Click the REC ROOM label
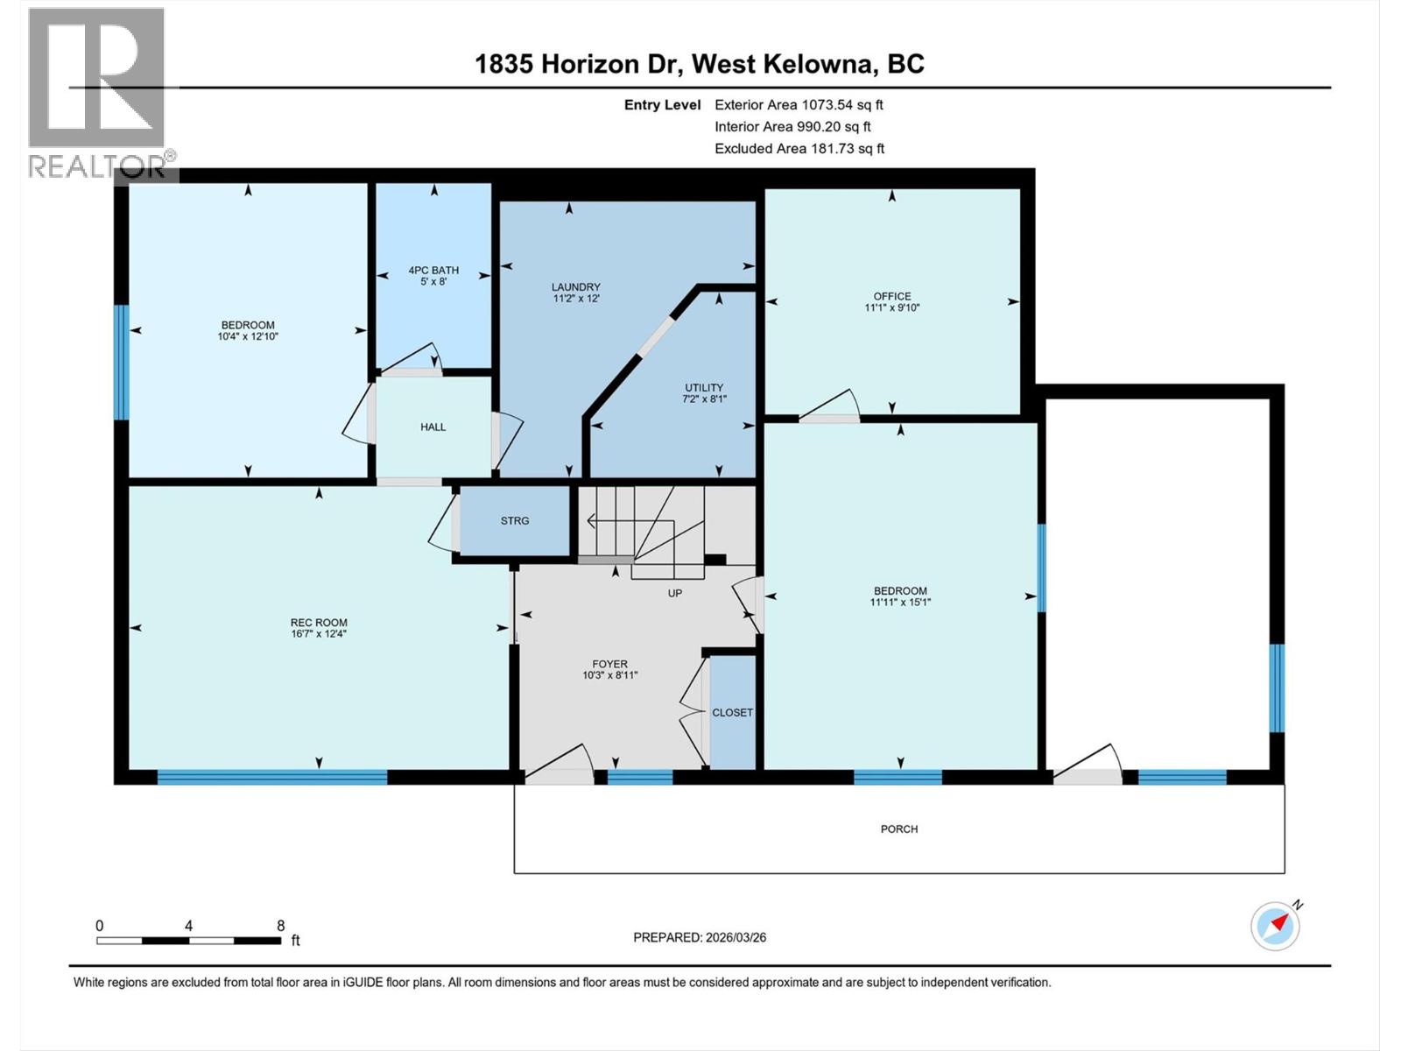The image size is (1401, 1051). pos(319,623)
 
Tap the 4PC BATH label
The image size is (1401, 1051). pos(433,271)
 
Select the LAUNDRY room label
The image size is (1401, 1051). pos(575,287)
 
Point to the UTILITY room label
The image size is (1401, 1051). pos(704,388)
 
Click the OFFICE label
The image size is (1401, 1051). pos(891,296)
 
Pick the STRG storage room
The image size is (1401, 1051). pos(515,521)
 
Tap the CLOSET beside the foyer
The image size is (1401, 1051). pos(732,713)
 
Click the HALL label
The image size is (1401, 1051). pos(433,427)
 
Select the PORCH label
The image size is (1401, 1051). pos(899,829)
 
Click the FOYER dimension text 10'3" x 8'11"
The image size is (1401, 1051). pos(609,675)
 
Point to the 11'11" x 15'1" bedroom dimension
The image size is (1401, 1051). pos(900,603)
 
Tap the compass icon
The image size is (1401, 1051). pos(1275,925)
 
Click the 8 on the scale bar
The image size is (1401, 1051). pos(280,926)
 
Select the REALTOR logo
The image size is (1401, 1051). pos(98,92)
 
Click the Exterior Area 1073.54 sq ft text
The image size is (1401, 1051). pos(799,105)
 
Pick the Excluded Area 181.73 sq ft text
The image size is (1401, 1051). pos(799,149)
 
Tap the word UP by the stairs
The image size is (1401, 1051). pos(674,593)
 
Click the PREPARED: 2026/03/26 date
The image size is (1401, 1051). pos(700,937)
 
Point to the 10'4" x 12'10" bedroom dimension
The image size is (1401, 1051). pos(248,336)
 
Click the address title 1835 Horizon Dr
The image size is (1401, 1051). pos(580,64)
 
